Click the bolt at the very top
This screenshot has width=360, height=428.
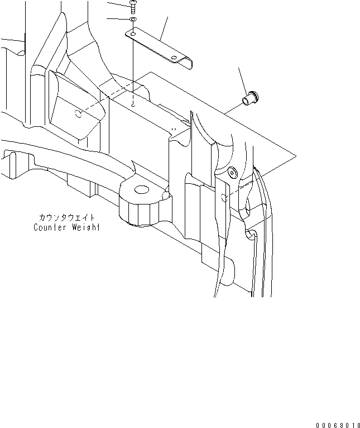(x=133, y=6)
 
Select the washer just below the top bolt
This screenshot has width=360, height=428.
(x=133, y=21)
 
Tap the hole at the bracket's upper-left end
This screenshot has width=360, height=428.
(x=132, y=34)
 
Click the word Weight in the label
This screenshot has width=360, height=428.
(x=85, y=227)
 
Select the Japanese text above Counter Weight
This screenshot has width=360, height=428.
(x=67, y=218)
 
